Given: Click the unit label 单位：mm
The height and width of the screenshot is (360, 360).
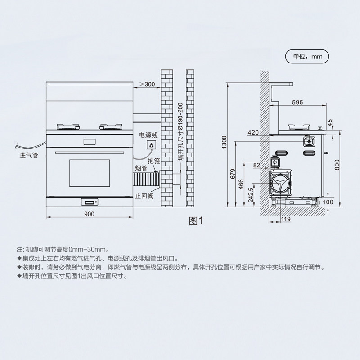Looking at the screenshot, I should coord(308,57).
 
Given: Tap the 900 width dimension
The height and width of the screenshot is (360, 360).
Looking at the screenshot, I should coord(89,214).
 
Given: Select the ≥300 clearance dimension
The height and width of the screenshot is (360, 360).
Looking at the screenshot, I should coord(147,84).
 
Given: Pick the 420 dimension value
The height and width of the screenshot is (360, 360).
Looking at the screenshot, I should coord(253,133).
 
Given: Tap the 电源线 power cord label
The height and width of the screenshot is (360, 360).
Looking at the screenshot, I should coord(148,135).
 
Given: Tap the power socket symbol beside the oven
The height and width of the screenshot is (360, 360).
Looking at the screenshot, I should coord(152,145).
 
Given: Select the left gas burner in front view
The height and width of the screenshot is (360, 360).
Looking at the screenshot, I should coord(67,127).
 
